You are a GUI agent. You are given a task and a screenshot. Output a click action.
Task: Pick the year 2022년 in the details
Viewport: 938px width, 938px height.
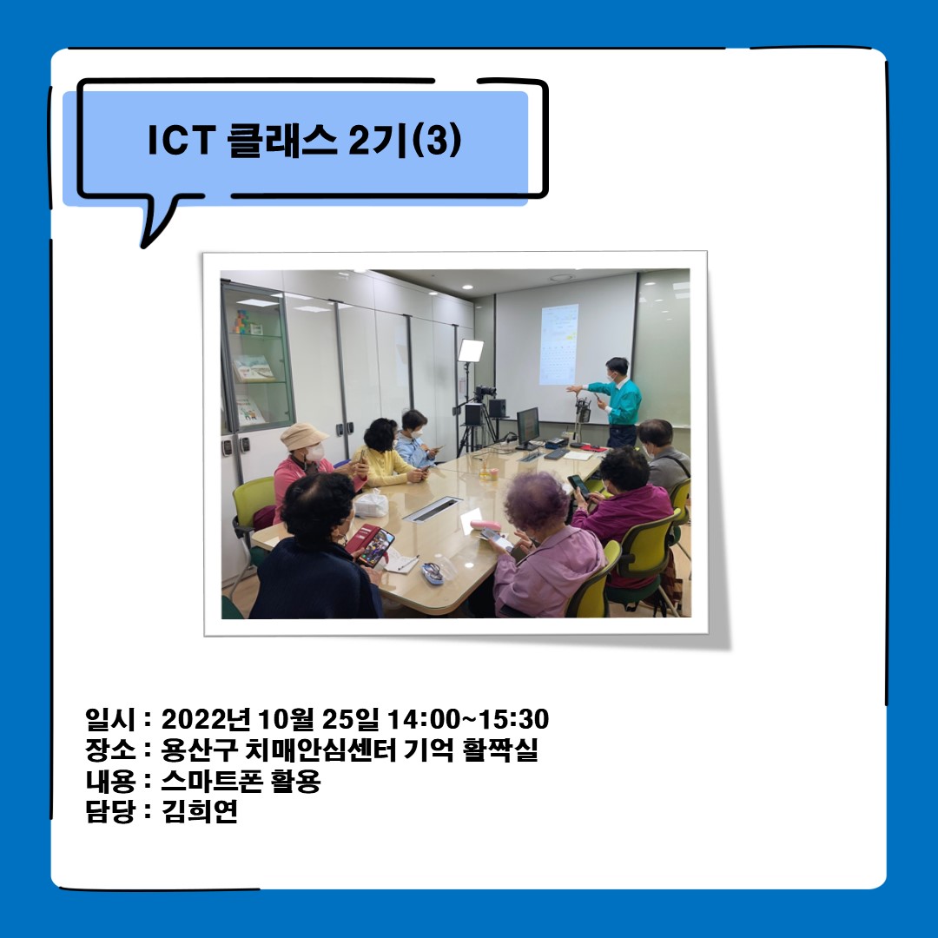[207, 720]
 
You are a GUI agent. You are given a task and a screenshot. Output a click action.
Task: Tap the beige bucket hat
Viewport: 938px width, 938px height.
[302, 435]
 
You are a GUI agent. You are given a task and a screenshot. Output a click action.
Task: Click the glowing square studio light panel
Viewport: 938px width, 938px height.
[471, 350]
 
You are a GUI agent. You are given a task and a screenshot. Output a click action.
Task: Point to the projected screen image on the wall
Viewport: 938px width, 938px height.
[558, 343]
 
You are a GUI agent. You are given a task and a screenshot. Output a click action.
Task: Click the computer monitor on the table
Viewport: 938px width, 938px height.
[527, 426]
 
